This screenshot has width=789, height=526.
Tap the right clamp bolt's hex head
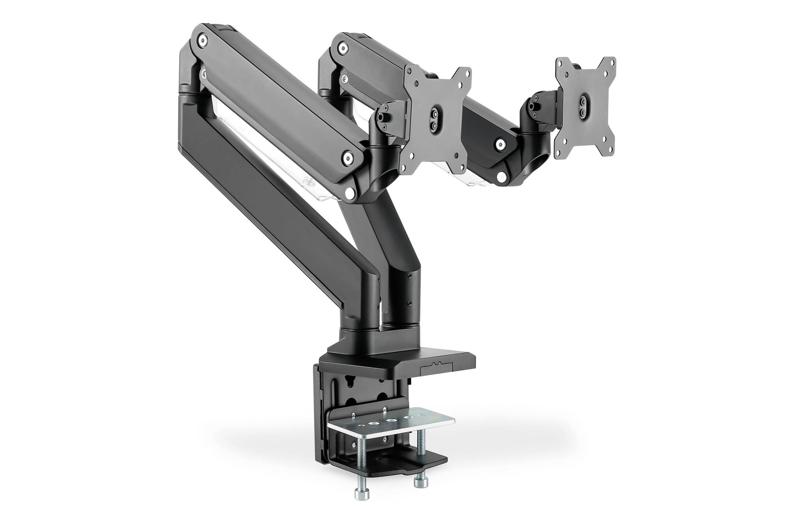coord(419,482)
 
